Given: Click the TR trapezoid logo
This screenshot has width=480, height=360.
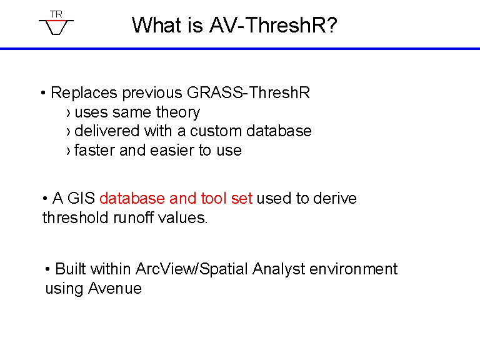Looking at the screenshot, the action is coord(56,23).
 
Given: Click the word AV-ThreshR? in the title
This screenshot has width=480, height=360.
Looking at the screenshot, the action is coord(273,25).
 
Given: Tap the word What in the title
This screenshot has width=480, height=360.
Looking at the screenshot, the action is coord(157,25).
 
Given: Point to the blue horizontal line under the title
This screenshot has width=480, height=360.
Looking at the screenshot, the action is coord(240,48).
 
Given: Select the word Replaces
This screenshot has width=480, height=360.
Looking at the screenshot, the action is coord(84,92).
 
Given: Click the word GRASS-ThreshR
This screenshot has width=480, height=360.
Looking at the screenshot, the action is coord(248,92).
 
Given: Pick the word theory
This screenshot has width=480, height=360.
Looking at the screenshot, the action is coord(178,112).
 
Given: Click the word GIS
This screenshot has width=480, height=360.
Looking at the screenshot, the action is coord(81,198).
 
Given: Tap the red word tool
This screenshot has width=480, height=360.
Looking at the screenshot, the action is coord(214,198).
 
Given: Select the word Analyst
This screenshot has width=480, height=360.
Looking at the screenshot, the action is coord(279,270).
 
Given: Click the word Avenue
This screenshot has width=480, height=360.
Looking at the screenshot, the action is coord(115,288).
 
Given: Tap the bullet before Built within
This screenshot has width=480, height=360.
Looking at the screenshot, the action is coord(47,269).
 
